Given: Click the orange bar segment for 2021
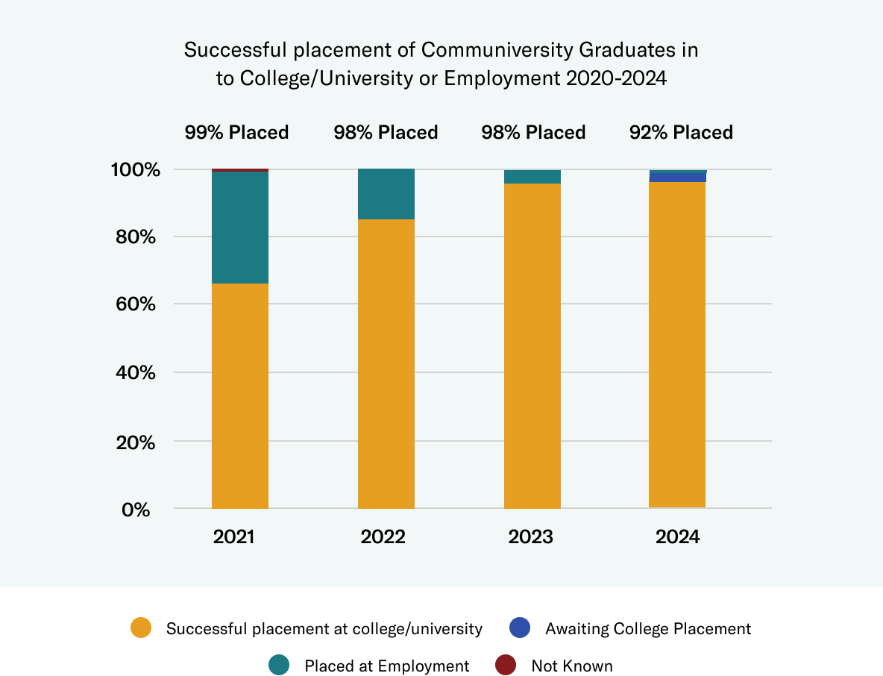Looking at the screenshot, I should pos(240,395).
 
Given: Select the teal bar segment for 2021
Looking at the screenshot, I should pos(240,228).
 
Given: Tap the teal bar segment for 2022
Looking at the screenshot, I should pos(386,194).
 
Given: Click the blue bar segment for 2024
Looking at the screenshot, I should pos(678,178).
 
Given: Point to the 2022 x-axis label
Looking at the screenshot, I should pos(383,536).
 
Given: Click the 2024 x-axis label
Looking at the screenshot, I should pos(678,536).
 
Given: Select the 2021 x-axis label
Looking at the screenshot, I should pos(234,536).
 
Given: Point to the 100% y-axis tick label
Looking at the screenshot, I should pos(136,170).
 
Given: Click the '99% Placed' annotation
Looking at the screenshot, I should pos(237,133).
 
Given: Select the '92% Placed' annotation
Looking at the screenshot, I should pos(682,133).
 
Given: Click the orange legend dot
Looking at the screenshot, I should pos(141,628).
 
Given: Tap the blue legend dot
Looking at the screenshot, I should pos(520,628).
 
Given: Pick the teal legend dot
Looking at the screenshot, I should pos(279,665).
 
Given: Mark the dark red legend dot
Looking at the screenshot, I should pos(506,665).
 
